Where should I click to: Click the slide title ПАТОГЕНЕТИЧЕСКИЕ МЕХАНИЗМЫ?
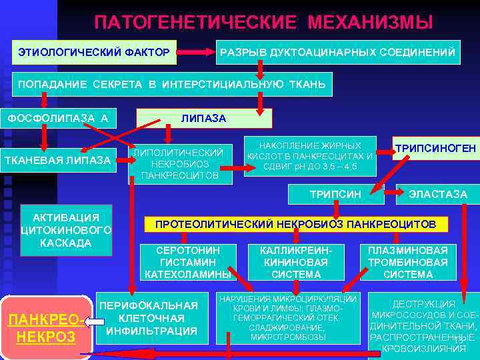point(263,23)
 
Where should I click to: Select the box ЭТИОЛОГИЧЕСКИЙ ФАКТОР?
point(93,51)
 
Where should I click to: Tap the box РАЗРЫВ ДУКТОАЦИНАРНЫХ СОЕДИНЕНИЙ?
point(337,51)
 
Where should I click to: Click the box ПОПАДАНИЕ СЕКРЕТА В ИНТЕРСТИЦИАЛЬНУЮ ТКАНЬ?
point(172,85)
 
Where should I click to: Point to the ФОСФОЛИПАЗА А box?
point(58,118)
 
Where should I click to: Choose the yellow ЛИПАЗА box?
point(203,118)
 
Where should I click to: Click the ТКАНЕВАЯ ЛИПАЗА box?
point(58,160)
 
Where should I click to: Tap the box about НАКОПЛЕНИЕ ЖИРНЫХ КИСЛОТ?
point(309,156)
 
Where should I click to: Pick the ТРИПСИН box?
point(336,195)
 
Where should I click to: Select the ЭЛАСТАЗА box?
point(437,195)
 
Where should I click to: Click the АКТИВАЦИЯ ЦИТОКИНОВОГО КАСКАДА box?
point(66,231)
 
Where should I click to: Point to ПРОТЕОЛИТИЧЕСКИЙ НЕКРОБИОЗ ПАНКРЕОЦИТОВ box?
point(295,224)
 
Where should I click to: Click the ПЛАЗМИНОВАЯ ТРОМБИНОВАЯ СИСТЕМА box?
point(408,262)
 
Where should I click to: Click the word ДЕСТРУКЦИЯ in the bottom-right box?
point(424,304)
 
